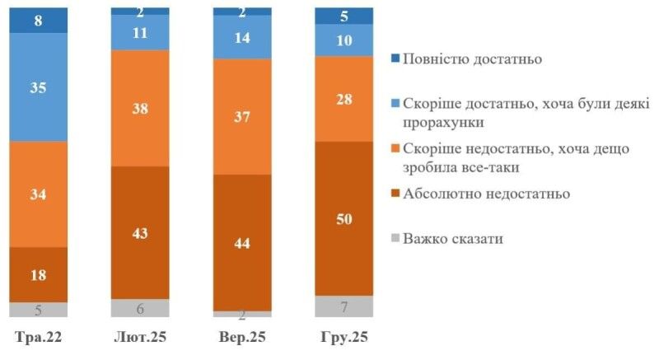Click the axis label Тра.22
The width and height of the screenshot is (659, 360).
tap(38, 339)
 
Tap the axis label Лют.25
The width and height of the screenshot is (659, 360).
tap(139, 339)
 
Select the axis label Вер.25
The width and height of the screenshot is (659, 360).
tap(241, 339)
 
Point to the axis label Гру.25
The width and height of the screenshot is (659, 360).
tap(344, 339)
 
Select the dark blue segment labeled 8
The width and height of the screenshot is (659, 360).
tap(38, 20)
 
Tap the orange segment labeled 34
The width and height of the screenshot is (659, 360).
tap(38, 194)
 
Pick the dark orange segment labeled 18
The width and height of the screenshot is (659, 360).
tap(38, 274)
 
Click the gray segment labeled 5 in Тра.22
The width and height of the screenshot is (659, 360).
tap(38, 310)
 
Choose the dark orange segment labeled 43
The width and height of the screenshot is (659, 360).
tap(139, 232)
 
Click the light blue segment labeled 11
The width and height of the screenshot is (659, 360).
tap(139, 33)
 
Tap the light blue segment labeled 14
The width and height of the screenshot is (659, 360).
tap(241, 38)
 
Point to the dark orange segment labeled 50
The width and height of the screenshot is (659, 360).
tap(344, 217)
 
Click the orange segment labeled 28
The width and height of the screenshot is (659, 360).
tap(344, 99)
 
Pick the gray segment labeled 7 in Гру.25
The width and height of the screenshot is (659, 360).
tap(344, 306)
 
